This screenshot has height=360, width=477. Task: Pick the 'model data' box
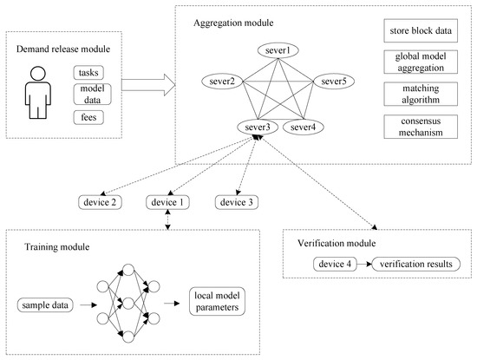coord(92,95)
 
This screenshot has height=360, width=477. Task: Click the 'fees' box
coord(92,117)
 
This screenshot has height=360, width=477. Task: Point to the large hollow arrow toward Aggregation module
coord(148,85)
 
